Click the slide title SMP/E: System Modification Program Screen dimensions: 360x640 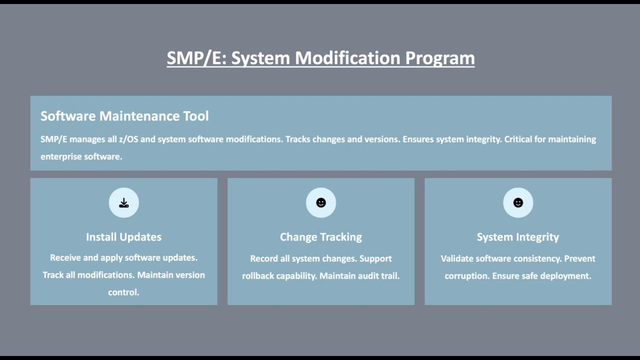320,58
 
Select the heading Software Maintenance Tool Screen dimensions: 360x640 124,116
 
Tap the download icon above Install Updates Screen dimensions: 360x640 124,203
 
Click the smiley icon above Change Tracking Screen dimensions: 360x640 321,203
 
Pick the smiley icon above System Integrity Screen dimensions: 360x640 518,203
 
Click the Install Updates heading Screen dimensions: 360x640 123,237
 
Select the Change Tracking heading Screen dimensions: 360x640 320,237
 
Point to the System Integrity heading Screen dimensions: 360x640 517,237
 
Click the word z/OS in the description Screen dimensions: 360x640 128,139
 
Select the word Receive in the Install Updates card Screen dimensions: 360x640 65,258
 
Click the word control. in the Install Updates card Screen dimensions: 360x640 123,292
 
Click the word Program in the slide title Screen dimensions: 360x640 439,58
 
